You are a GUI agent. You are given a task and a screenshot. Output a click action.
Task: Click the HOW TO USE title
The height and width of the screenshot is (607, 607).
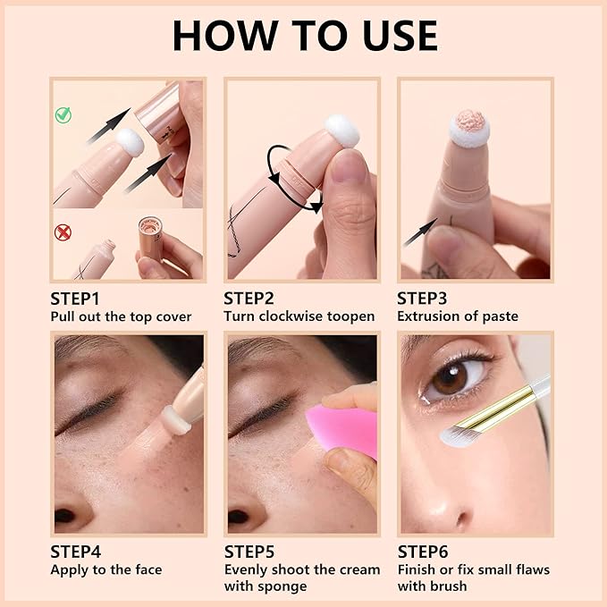[304, 35]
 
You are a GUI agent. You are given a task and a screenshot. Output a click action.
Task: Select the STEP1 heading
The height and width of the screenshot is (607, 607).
[74, 299]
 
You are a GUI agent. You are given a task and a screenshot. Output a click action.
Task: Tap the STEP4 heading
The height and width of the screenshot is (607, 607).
[75, 552]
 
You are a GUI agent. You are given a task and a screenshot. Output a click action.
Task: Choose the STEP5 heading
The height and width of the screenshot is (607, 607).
[249, 552]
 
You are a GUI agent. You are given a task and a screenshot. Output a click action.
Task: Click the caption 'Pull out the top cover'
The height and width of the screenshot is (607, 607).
[121, 316]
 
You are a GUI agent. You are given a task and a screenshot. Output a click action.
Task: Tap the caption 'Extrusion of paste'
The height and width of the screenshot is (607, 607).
[457, 316]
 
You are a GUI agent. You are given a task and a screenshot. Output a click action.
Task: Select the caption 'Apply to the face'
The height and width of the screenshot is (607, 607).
[105, 569]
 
